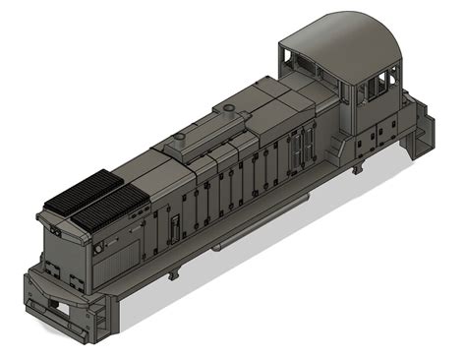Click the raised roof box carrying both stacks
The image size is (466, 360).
coord(206,133)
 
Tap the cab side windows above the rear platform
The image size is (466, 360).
coord(375,90)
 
